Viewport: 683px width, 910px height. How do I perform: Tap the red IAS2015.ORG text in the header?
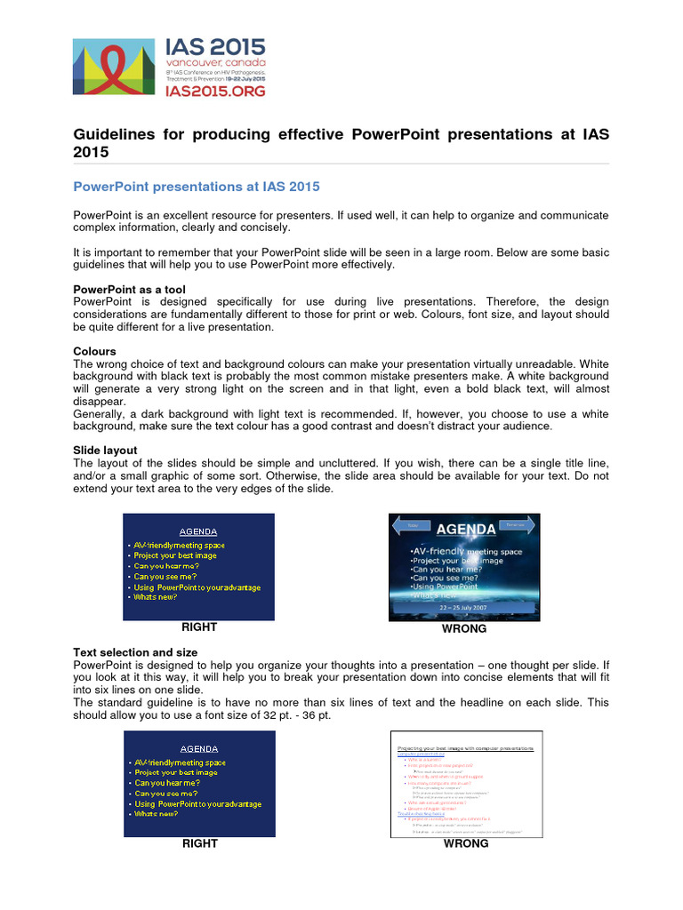pos(214,90)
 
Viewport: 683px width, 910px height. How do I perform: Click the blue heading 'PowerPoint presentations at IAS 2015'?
pos(196,187)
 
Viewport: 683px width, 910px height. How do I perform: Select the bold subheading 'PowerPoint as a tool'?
pos(129,290)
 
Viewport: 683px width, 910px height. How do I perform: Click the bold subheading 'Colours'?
pos(94,351)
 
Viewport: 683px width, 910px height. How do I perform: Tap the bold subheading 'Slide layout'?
pos(105,451)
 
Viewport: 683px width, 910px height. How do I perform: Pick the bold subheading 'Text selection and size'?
pos(135,652)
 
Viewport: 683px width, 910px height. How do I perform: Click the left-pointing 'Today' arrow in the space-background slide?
pos(412,526)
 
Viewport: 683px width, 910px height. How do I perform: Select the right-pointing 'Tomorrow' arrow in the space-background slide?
pos(515,525)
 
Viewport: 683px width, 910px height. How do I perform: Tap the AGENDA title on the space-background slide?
pos(465,530)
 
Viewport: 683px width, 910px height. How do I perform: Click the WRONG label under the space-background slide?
pos(464,629)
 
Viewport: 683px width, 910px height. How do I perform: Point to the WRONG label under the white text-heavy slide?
pos(466,843)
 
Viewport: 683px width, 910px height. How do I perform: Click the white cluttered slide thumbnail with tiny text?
pos(466,783)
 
